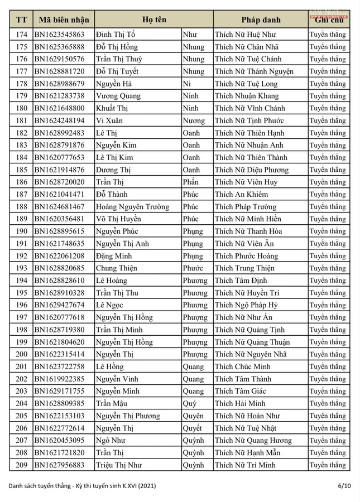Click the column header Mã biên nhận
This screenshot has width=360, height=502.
pyautogui.click(x=63, y=20)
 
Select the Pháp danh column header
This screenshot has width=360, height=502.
pyautogui.click(x=260, y=20)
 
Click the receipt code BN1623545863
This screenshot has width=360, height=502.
pyautogui.click(x=60, y=35)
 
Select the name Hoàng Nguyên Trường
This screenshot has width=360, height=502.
pyautogui.click(x=132, y=206)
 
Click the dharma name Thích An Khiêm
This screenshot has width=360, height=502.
pyautogui.click(x=241, y=194)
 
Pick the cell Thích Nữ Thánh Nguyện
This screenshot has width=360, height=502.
pyautogui.click(x=254, y=71)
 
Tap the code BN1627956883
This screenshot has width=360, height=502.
pyautogui.click(x=60, y=465)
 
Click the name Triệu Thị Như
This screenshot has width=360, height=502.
pyautogui.click(x=119, y=465)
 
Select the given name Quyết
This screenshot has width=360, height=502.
pyautogui.click(x=192, y=428)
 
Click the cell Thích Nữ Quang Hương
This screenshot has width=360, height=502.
pyautogui.click(x=253, y=440)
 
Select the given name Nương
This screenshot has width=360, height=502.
pyautogui.click(x=194, y=120)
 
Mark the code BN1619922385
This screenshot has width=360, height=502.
pyautogui.click(x=60, y=379)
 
